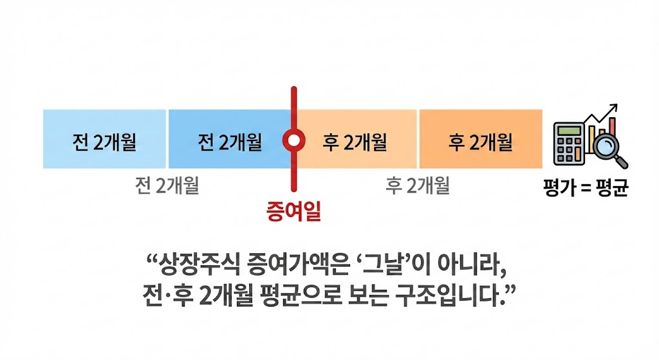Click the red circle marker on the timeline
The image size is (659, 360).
(x=293, y=140)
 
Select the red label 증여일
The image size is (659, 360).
(x=293, y=211)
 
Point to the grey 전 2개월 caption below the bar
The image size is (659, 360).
(x=167, y=186)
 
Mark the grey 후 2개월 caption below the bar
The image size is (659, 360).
(x=418, y=186)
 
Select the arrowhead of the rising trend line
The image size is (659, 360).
(x=614, y=108)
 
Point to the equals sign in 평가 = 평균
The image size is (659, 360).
(x=583, y=191)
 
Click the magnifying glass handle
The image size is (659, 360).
(x=622, y=162)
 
